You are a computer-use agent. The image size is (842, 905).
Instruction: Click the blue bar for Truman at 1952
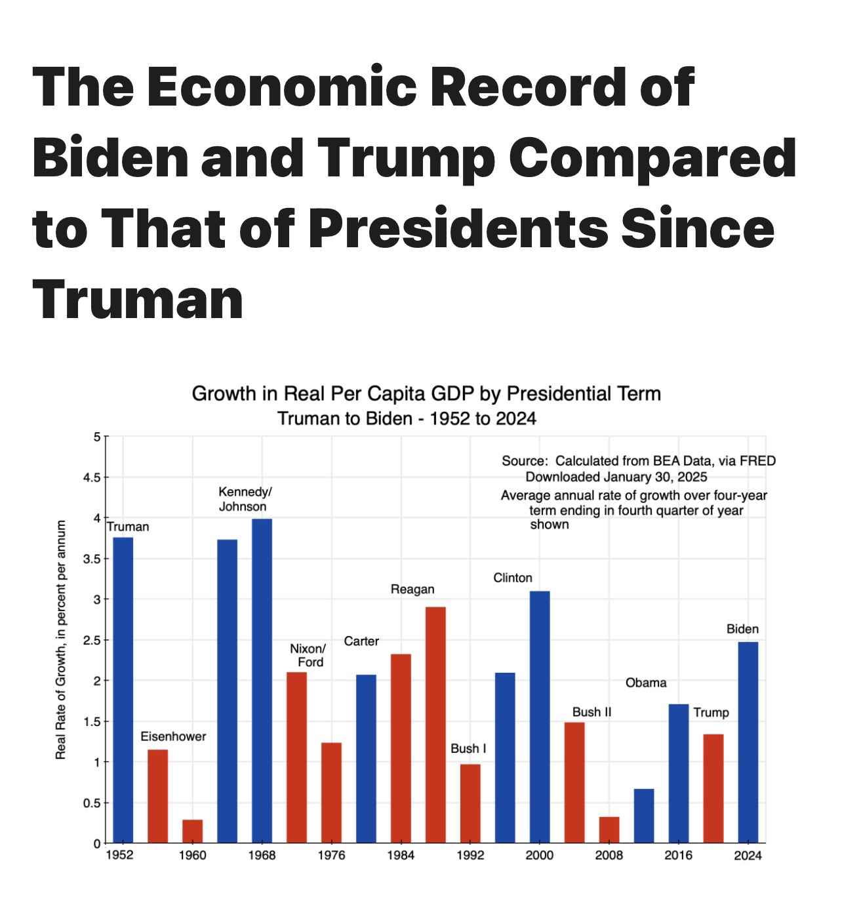coord(123,689)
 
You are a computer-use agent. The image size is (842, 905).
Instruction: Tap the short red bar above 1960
coord(192,831)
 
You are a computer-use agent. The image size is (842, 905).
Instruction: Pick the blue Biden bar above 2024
coord(748,742)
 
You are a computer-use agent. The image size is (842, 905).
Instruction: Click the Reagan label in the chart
coord(412,590)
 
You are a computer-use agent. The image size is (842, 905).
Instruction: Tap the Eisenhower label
coord(173,736)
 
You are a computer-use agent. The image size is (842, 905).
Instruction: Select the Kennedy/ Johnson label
coord(243,499)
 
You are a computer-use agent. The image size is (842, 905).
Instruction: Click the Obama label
coord(646,683)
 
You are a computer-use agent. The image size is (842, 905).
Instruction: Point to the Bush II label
coord(592,712)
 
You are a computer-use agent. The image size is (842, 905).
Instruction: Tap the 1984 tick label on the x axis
coord(401,855)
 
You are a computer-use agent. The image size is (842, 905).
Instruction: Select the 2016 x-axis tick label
coord(678,855)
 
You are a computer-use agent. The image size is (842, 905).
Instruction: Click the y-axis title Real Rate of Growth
coord(61,639)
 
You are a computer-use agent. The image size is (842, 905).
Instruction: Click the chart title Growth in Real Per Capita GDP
coord(426,393)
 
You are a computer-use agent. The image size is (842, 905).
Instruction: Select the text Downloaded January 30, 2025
coord(616,477)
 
